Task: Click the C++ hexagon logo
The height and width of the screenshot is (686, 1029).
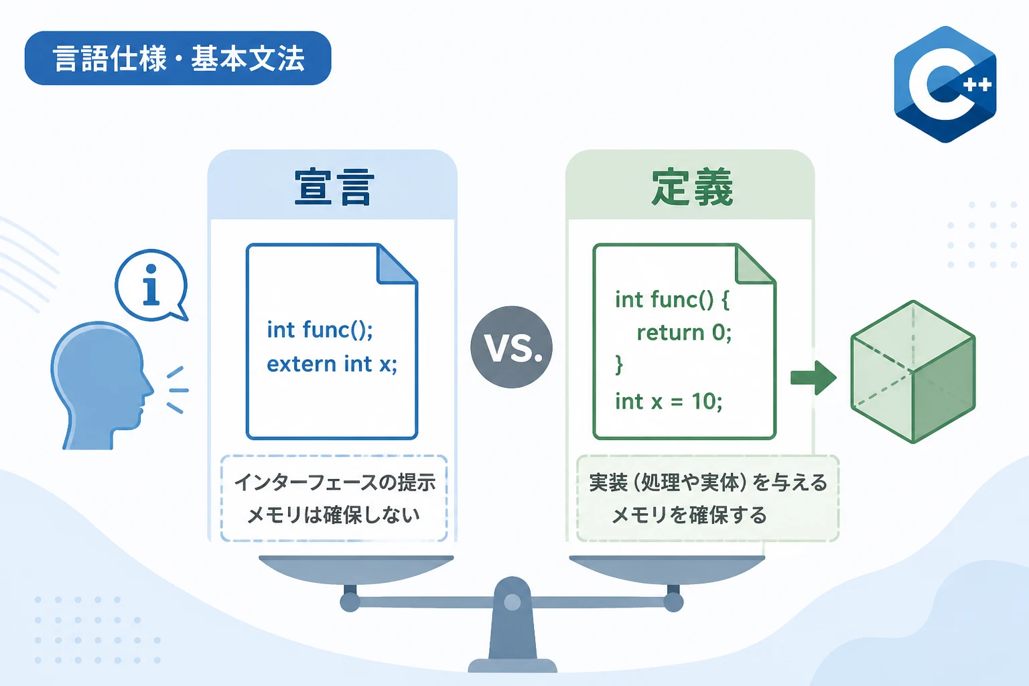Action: point(945,84)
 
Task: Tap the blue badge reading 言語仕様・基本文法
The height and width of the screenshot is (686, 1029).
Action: point(178,58)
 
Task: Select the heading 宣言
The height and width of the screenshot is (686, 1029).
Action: point(332,187)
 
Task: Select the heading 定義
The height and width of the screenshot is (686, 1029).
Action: point(692,187)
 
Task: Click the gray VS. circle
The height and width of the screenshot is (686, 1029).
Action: point(511,347)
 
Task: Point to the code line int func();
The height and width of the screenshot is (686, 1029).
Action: point(320,330)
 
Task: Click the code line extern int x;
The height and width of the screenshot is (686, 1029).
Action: point(332,364)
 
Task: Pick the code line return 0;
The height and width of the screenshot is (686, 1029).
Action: point(684,332)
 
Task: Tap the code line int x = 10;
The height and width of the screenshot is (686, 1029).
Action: point(669,401)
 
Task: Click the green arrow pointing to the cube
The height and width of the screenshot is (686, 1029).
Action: point(813,378)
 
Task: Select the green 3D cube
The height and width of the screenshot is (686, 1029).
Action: point(913,372)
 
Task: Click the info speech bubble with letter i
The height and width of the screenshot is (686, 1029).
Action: point(151,285)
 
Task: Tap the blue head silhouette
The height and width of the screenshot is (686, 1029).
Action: point(102,385)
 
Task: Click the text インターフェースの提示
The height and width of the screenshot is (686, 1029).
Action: point(334,482)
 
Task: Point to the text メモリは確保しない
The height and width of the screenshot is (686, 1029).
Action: point(334,514)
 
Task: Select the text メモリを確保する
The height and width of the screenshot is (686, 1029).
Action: point(689,514)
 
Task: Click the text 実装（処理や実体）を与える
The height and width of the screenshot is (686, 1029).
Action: point(708,482)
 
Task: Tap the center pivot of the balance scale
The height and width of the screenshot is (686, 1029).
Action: point(512,602)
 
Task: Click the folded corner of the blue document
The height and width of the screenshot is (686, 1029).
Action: point(397,264)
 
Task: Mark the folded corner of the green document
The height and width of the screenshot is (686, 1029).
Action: point(755,264)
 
